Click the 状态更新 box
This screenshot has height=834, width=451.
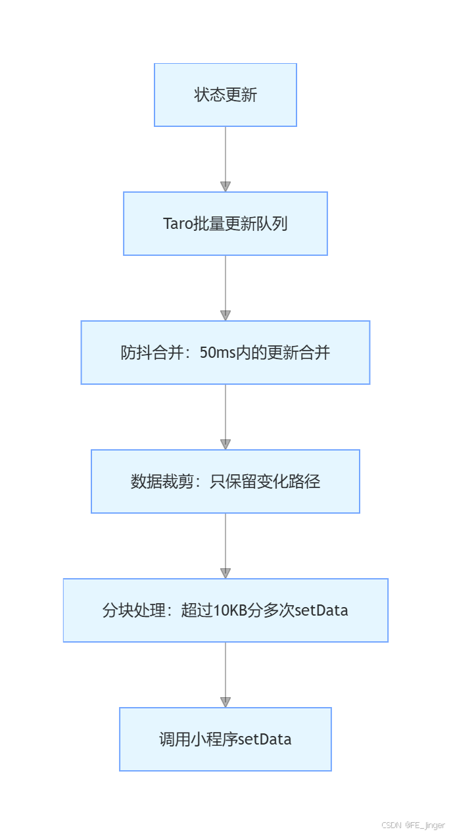[225, 95]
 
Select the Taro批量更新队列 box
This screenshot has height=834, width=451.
[225, 224]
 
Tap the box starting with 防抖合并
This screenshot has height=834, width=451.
[225, 353]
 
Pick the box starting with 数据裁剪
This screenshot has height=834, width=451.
[225, 481]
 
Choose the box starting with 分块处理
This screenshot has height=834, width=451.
[225, 610]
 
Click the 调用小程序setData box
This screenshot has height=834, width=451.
[225, 739]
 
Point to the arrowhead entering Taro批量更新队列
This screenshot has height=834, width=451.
[225, 187]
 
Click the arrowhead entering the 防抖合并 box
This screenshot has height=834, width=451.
[225, 316]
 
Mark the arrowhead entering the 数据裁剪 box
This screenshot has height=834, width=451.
[225, 445]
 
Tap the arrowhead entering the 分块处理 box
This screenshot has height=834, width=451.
[225, 574]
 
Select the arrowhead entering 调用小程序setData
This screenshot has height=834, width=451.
[225, 702]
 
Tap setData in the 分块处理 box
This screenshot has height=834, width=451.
[321, 611]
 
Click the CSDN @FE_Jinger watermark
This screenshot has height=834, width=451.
[414, 825]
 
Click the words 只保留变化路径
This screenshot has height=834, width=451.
[265, 482]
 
